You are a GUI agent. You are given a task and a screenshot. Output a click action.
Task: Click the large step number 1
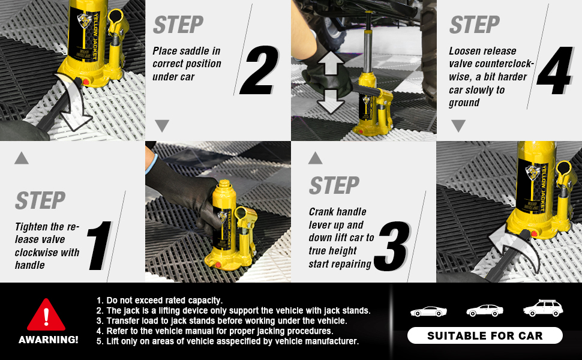[x=100, y=245]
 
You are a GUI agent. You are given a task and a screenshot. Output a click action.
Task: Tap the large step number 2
[x=259, y=70]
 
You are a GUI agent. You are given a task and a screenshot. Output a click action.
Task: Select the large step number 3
[x=392, y=246]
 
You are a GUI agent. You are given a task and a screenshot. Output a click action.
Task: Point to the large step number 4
[x=554, y=70]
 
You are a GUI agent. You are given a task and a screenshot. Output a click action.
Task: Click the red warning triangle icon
[x=46, y=316]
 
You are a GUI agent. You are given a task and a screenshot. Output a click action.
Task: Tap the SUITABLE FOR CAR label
[x=485, y=336]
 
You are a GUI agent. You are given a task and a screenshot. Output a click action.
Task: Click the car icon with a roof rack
[x=543, y=308]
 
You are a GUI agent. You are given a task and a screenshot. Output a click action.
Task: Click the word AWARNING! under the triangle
[x=48, y=340]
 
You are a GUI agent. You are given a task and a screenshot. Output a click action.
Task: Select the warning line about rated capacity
[x=159, y=300]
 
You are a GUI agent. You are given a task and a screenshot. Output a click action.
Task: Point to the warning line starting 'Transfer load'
[x=221, y=320]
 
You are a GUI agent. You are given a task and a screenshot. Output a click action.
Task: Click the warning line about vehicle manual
[x=215, y=331]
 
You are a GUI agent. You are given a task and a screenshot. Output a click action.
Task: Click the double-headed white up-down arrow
[x=331, y=82]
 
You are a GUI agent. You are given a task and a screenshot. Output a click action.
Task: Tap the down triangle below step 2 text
[x=162, y=125]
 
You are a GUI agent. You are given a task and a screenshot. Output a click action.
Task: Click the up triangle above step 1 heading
[x=22, y=158]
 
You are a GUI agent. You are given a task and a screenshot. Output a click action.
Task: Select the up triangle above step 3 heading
[x=315, y=158]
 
